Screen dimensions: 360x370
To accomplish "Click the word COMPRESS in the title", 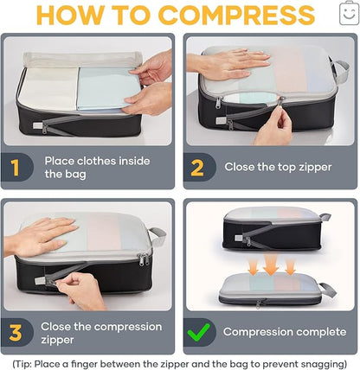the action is tap(236, 15).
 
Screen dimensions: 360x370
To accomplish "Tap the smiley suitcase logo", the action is tap(349, 13).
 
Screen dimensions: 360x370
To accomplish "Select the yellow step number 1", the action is tap(15, 168).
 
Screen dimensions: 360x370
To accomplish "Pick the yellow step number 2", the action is tap(197, 168).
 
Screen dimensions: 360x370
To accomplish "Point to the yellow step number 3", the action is tap(16, 333).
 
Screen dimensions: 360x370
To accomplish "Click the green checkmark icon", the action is tap(198, 332).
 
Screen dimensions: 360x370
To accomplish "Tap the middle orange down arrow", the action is tap(271, 265).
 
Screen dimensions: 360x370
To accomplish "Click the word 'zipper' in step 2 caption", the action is tap(315, 168).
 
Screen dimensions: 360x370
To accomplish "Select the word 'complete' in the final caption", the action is tap(321, 332).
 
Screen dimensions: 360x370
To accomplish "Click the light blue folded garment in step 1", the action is tap(106, 88).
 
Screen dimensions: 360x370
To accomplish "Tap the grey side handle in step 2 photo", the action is tap(341, 71).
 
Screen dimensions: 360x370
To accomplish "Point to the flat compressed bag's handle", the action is tap(327, 290).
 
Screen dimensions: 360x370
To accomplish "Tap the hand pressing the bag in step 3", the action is tap(41, 237).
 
